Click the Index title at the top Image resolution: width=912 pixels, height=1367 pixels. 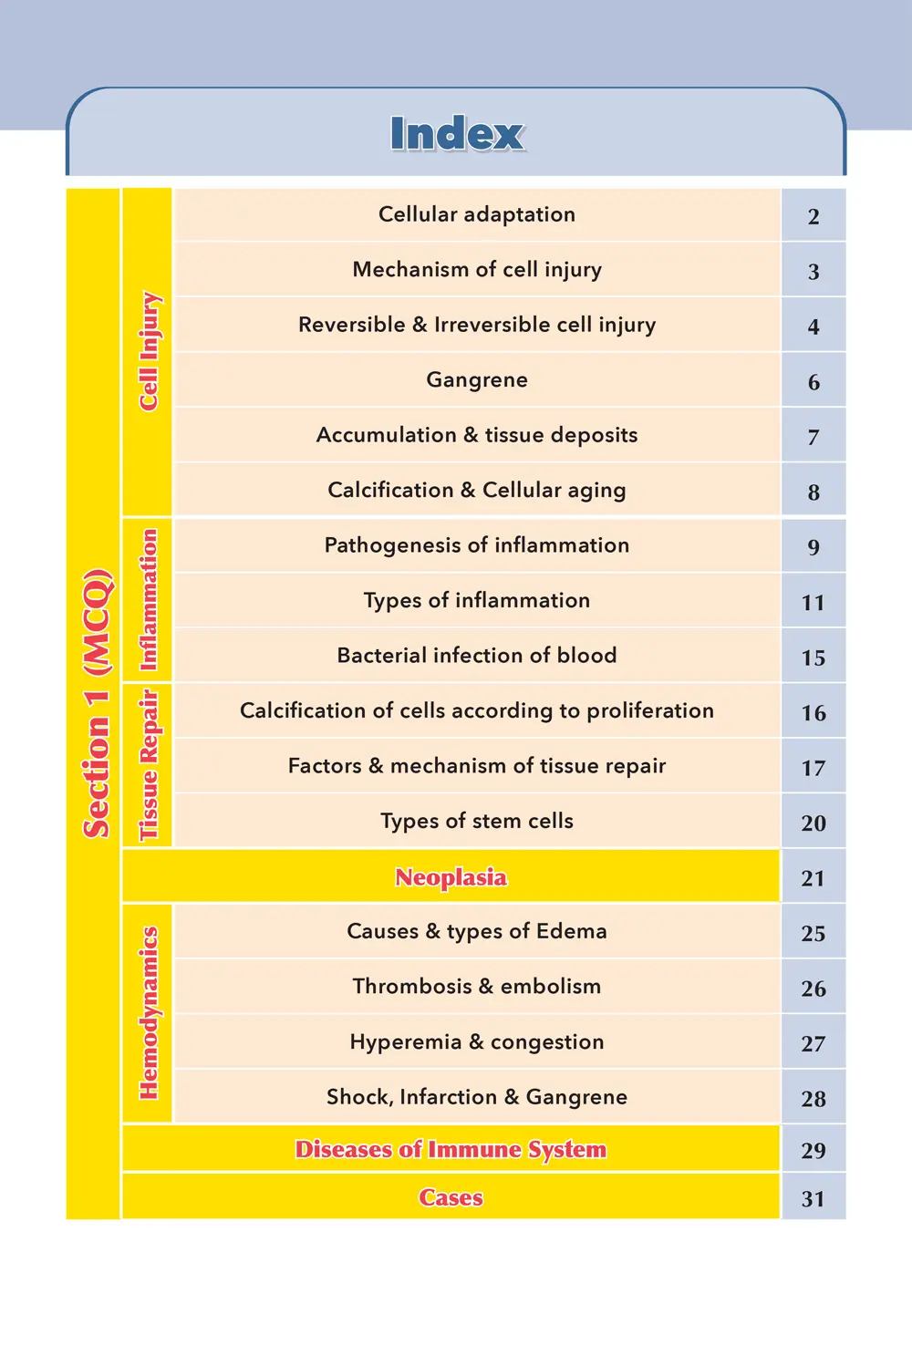tap(457, 134)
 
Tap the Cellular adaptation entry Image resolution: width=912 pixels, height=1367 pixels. tap(477, 214)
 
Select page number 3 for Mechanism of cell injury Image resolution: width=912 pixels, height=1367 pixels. tap(814, 272)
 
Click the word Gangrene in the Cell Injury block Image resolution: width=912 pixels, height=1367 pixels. tap(477, 379)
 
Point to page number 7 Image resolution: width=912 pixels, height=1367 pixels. tap(814, 438)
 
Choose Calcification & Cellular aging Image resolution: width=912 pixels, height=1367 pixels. tap(477, 490)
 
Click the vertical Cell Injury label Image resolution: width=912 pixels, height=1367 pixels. tap(149, 351)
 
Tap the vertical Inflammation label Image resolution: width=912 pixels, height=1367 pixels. tap(149, 600)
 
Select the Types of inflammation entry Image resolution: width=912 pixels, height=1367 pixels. tap(477, 600)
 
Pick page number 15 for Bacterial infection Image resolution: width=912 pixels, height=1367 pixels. tap(814, 658)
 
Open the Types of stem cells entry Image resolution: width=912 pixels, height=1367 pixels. tap(477, 821)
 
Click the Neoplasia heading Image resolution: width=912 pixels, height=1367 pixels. tap(451, 877)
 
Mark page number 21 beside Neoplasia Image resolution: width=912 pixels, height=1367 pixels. tap(814, 878)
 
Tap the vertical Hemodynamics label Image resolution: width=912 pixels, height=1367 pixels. tap(149, 1013)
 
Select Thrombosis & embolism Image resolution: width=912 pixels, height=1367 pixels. tap(477, 986)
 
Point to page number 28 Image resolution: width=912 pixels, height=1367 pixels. tap(814, 1099)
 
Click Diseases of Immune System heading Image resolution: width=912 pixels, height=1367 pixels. tap(451, 1149)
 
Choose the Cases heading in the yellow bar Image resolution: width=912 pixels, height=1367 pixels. tap(451, 1197)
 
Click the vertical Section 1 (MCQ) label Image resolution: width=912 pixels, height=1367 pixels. tap(96, 703)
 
